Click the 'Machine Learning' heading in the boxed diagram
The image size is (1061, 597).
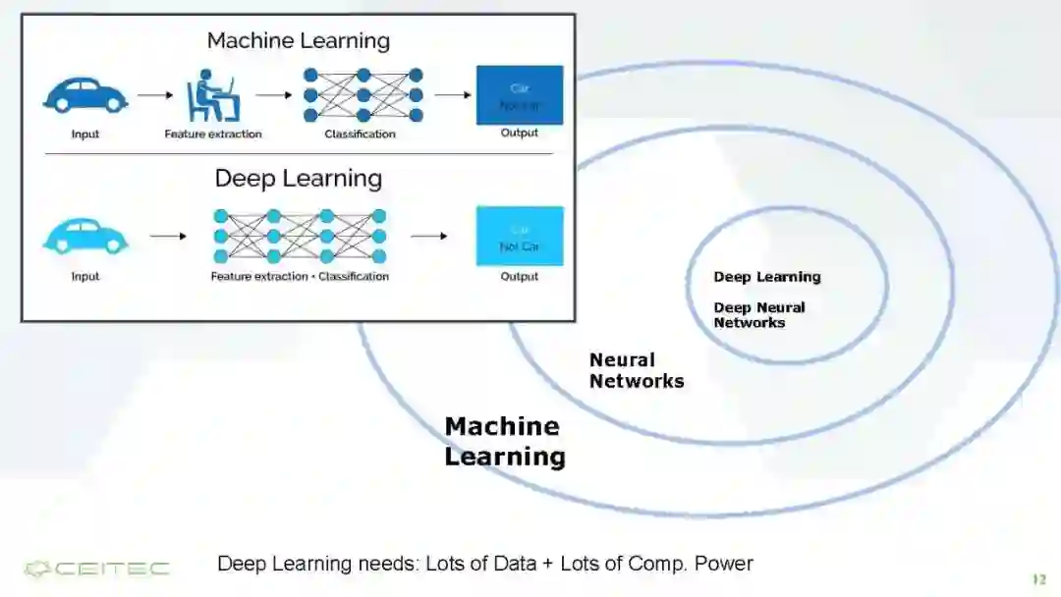[298, 41]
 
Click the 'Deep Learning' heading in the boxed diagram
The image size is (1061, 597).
[298, 179]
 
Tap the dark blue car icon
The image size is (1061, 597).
[84, 95]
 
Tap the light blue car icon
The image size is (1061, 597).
[84, 236]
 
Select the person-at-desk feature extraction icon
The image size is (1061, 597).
[213, 94]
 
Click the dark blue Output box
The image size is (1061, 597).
[519, 95]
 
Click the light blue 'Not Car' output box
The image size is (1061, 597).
[519, 236]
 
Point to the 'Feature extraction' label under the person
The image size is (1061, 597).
[213, 135]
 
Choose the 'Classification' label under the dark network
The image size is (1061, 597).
[360, 135]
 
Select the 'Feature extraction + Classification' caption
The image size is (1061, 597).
[300, 277]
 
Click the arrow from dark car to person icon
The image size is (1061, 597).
[154, 95]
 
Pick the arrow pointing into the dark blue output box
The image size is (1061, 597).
[452, 95]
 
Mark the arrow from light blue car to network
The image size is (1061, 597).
[168, 236]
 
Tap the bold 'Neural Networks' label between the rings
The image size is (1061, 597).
[636, 371]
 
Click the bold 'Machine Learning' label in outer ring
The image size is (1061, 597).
[504, 441]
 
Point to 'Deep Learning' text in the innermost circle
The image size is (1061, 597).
[766, 277]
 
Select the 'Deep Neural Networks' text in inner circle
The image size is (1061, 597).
[758, 315]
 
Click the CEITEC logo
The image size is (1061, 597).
[96, 569]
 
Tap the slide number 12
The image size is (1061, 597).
[1038, 579]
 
